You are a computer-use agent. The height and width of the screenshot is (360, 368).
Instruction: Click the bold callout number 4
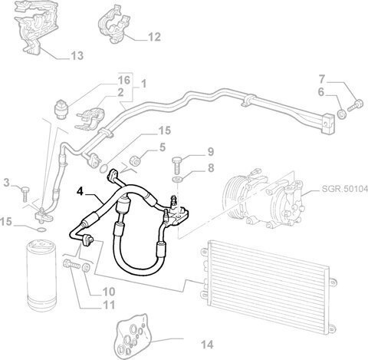point(80,191)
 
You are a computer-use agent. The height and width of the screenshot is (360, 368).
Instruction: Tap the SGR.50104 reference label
point(344,189)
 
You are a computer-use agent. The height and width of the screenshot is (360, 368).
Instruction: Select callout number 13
point(77,55)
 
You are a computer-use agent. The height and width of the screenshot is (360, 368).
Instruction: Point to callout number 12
point(154,37)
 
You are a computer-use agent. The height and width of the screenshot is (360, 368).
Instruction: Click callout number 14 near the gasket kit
point(207,345)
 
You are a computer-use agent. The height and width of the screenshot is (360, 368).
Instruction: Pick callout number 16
point(124,81)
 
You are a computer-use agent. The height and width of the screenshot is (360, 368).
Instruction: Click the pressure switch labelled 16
point(61,109)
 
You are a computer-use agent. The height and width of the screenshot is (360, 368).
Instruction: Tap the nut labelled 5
point(135,160)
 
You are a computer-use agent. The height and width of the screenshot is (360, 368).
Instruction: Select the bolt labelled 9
point(178,165)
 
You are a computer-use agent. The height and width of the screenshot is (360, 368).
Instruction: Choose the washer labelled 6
point(341,114)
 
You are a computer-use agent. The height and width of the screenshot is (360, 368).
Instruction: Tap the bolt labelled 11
point(71,264)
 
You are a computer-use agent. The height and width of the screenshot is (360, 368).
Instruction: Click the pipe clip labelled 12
point(113,25)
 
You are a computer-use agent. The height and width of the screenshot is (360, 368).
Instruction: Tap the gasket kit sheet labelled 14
point(133,335)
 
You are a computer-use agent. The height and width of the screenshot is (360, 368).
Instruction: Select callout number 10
point(108,292)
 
